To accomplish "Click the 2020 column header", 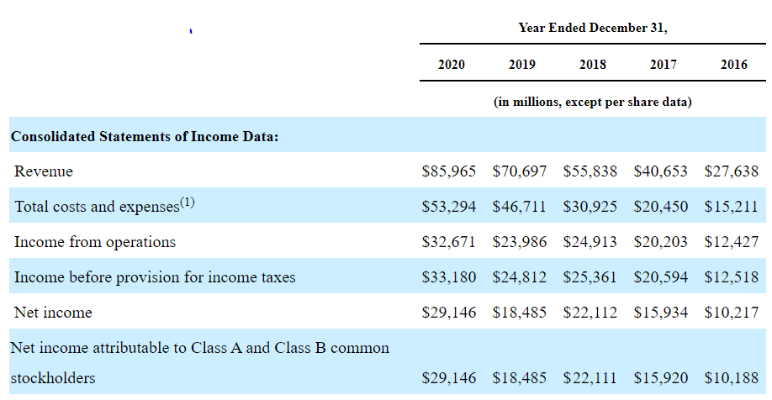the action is [x=451, y=65].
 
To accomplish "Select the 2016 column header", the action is [x=733, y=65].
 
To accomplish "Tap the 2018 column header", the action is [x=592, y=65].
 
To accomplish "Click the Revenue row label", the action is [x=44, y=171].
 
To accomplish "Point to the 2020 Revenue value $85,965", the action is [x=448, y=171].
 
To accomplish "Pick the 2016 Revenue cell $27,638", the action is [x=731, y=171].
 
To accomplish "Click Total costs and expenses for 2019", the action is [x=520, y=206].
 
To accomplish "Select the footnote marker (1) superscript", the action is [x=187, y=202].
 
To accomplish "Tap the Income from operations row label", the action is [x=95, y=242].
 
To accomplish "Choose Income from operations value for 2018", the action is [x=590, y=241].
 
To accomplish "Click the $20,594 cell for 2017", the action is [x=661, y=277].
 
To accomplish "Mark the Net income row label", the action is [x=53, y=313].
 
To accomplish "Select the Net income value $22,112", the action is [x=590, y=313].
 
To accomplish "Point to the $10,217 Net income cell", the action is [x=731, y=313].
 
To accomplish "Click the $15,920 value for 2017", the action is [x=661, y=378].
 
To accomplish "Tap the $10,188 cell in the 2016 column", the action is [x=731, y=378].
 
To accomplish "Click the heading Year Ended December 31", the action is [x=593, y=28].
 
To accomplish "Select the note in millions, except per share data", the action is [x=593, y=102].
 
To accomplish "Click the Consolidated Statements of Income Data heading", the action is [x=145, y=136].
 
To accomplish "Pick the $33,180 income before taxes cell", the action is [x=448, y=277].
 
